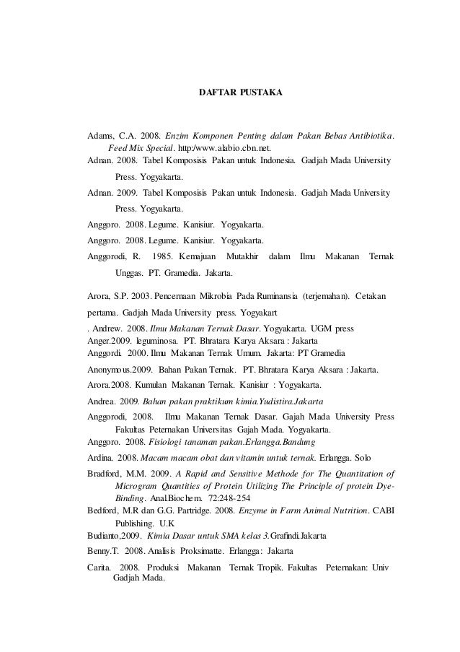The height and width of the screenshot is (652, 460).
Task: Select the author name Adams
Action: point(99,135)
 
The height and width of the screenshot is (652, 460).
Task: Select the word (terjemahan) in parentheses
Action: point(334,296)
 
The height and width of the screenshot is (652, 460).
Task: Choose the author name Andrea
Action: point(102,400)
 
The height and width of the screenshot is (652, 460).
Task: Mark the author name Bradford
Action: point(105,474)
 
